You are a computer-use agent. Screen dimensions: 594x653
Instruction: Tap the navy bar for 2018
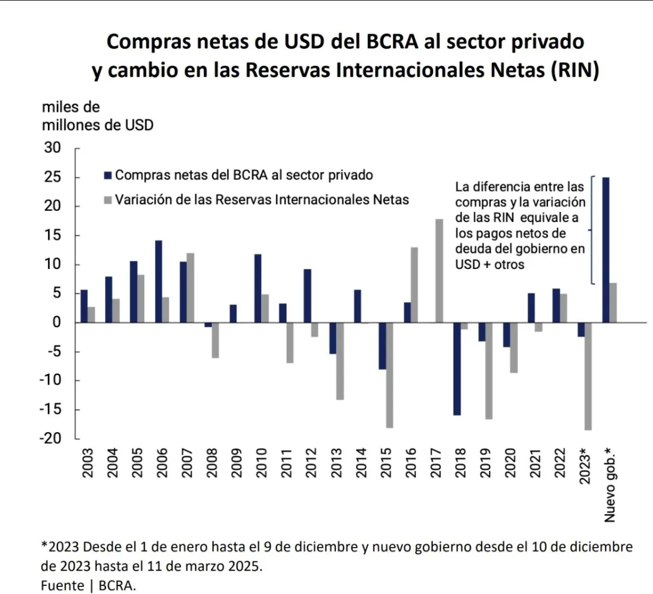click(457, 369)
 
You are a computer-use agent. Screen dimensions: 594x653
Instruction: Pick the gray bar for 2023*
click(588, 376)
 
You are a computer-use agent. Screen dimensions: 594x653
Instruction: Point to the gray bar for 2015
click(390, 375)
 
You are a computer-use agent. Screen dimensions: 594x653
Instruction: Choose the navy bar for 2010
click(257, 288)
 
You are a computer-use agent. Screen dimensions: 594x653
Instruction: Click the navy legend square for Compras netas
click(108, 175)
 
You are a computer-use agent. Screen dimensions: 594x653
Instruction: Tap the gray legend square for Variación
click(108, 200)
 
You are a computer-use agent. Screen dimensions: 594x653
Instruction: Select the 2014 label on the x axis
click(361, 463)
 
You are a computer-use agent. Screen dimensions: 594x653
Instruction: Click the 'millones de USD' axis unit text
click(97, 125)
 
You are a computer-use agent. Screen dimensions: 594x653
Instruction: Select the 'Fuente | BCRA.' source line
click(88, 585)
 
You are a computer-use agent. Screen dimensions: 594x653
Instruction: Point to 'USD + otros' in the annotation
click(490, 265)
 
